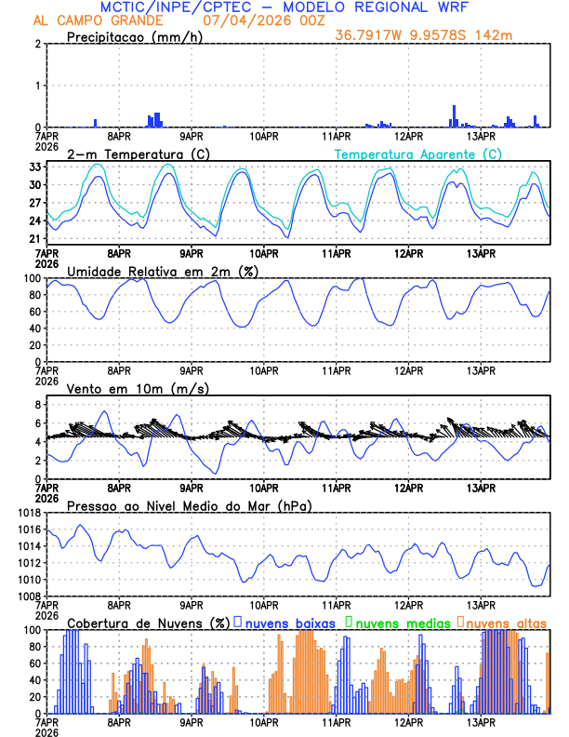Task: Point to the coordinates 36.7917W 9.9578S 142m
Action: [423, 36]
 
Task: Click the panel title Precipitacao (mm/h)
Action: [134, 36]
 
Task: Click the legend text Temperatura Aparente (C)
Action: [418, 154]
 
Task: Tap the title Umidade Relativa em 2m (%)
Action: [160, 271]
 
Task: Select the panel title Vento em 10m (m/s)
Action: [139, 388]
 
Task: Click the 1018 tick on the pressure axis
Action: [28, 513]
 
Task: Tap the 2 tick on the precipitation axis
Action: [37, 44]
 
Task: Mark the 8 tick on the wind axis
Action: [37, 405]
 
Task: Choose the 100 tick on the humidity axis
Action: [30, 278]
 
